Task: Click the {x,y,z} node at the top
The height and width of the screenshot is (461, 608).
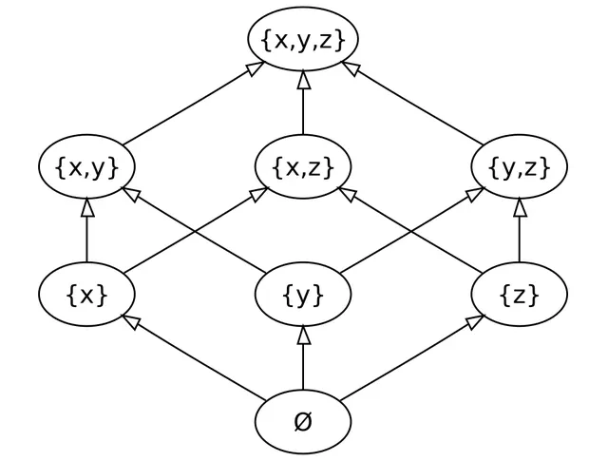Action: tap(303, 39)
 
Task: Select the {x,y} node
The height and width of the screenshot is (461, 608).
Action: tap(86, 167)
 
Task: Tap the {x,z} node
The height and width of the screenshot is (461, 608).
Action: tap(303, 167)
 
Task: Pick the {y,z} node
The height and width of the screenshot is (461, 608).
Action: tap(520, 167)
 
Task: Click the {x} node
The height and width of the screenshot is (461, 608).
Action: tap(86, 294)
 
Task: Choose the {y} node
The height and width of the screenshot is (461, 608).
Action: tap(303, 294)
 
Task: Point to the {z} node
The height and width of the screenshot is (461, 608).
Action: tap(520, 294)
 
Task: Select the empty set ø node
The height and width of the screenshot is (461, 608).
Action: tap(303, 422)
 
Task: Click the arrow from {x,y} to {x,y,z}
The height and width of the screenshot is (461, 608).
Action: tap(194, 104)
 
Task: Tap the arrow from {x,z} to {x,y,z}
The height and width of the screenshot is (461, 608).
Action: tap(303, 103)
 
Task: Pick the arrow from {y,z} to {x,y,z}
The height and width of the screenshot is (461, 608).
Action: tap(412, 104)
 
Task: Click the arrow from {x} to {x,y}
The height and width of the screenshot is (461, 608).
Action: tap(86, 230)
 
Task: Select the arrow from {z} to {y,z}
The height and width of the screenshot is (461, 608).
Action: tap(520, 230)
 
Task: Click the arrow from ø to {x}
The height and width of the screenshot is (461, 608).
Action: tap(194, 358)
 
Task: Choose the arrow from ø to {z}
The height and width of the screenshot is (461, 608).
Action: tap(412, 358)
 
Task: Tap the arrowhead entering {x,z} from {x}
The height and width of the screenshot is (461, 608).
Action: tap(259, 193)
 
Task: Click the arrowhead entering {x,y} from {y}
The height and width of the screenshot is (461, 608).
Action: tap(131, 193)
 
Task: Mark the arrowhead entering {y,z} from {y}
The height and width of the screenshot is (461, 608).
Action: tap(475, 193)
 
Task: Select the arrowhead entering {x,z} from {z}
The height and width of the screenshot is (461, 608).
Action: tap(347, 193)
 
